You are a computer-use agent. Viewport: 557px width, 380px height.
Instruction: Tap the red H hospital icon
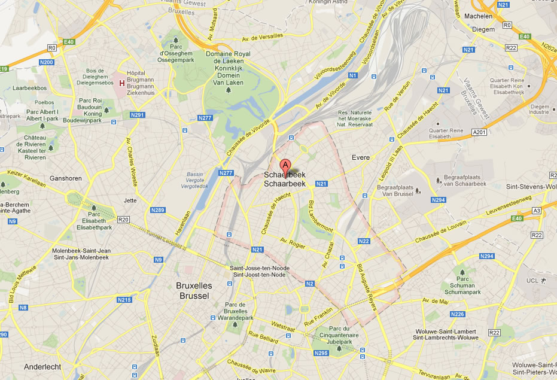point(122,83)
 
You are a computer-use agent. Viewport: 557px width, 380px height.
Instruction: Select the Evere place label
point(361,157)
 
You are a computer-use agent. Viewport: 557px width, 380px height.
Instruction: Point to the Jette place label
point(130,200)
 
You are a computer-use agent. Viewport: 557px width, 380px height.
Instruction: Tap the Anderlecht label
point(44,366)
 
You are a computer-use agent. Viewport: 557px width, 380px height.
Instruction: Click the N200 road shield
point(46,62)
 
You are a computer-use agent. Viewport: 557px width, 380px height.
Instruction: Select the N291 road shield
point(138,115)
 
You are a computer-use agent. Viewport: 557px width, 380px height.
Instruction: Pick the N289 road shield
point(158,209)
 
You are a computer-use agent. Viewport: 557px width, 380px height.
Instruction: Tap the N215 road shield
point(124,299)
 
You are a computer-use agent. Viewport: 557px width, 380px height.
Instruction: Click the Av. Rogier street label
point(293,244)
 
